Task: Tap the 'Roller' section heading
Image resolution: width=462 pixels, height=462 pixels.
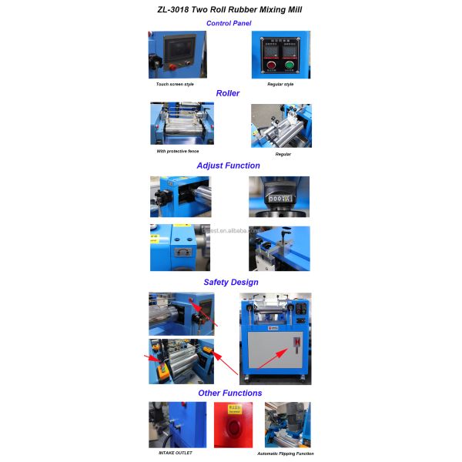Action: [227, 93]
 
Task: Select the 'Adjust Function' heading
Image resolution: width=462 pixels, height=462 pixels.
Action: [228, 166]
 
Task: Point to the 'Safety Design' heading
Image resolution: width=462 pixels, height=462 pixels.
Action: [230, 282]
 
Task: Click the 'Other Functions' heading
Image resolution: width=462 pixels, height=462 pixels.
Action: [229, 393]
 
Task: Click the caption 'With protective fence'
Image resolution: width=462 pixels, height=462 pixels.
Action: [177, 151]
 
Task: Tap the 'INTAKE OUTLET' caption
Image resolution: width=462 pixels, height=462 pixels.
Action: [175, 453]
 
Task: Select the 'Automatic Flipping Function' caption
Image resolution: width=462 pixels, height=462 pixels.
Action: [285, 454]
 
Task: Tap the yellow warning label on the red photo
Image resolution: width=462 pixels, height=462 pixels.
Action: [233, 408]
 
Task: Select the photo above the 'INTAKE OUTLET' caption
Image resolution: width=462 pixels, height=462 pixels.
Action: [177, 424]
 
